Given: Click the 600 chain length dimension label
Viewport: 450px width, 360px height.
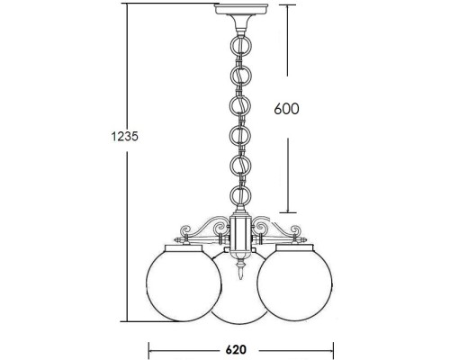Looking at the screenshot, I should [x=285, y=109].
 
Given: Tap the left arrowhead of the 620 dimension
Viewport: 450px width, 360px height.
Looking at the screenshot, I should [x=149, y=347].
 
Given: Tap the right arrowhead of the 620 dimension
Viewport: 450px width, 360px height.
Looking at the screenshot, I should [x=333, y=347].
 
